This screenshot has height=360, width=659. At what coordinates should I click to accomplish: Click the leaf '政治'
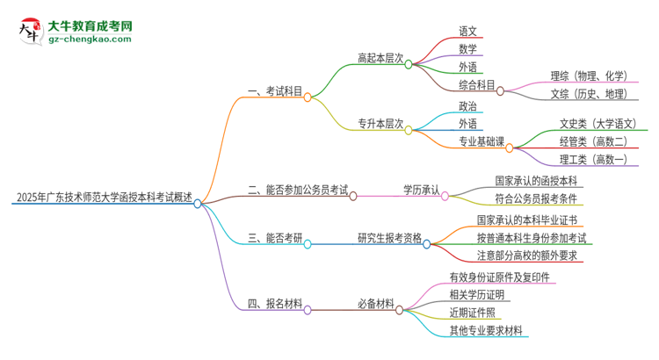click(x=467, y=106)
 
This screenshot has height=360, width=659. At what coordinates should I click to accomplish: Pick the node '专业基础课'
click(x=482, y=140)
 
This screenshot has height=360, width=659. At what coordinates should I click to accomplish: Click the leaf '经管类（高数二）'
click(x=593, y=140)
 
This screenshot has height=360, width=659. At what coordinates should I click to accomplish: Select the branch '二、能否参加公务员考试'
click(x=298, y=189)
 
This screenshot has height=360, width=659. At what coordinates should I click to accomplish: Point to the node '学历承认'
click(x=421, y=189)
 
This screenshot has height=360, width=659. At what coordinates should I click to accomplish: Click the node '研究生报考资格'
click(x=389, y=237)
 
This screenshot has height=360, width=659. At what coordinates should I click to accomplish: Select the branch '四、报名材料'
click(x=275, y=304)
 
